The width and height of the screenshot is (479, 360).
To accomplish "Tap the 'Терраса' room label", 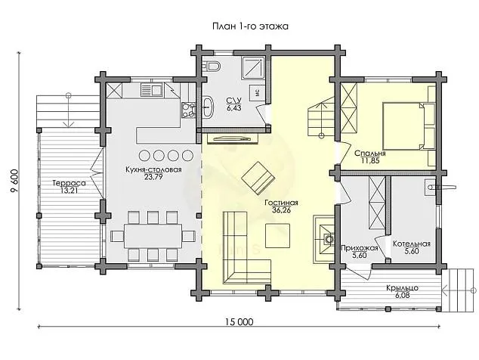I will (x=69, y=182).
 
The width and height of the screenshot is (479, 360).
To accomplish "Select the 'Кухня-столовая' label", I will (x=154, y=170).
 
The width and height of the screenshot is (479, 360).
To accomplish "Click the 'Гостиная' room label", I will (x=281, y=203).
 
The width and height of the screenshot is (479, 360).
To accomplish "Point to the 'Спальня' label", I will (x=370, y=153).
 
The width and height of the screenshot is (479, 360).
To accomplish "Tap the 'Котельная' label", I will (x=412, y=244).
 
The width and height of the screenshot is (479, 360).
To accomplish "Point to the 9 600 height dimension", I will (x=14, y=181).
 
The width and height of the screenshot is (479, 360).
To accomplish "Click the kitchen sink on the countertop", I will (x=154, y=91).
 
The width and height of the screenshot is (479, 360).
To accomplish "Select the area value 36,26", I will (x=281, y=212).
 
